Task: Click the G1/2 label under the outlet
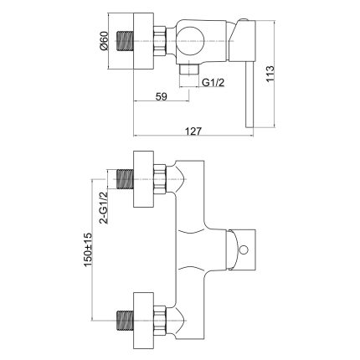tap(212, 82)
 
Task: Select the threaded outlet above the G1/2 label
tap(190, 76)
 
